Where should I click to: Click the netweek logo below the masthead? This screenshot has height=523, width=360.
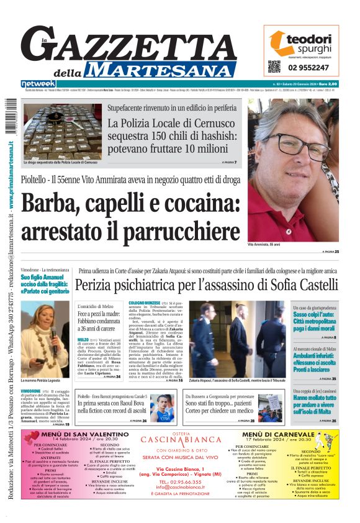[38, 83]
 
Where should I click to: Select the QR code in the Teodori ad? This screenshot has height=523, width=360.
[274, 66]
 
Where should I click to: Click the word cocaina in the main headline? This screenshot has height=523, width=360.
[194, 204]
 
